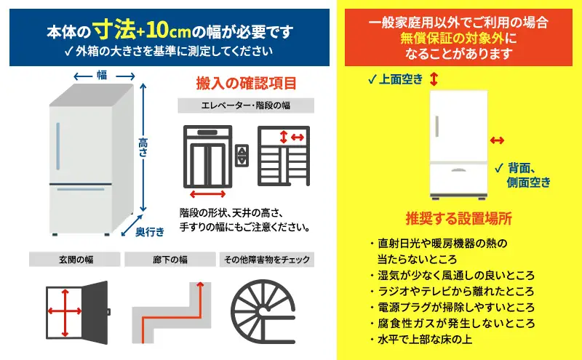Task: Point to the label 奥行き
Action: click(x=150, y=231)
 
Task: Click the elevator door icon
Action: click(x=207, y=159)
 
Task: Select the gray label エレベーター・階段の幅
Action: click(x=246, y=106)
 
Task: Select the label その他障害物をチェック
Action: click(x=267, y=260)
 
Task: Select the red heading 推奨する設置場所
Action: click(x=458, y=219)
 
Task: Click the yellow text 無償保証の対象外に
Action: click(x=458, y=38)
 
